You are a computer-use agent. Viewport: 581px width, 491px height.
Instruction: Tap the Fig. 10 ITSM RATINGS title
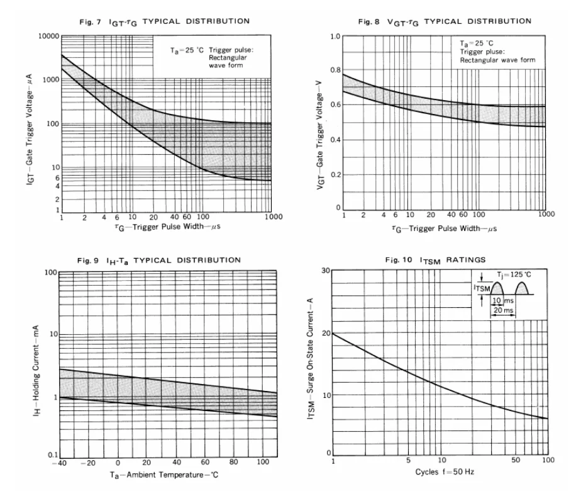point(438,259)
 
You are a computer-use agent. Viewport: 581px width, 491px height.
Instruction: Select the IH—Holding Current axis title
point(40,365)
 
